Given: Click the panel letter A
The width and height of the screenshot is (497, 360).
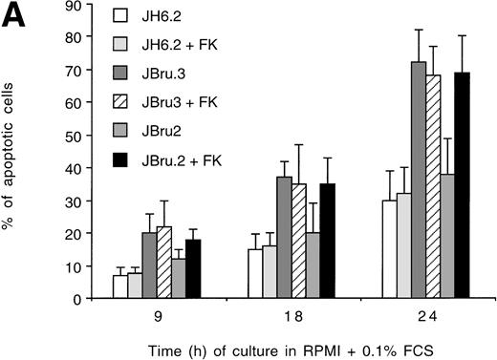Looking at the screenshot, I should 16,17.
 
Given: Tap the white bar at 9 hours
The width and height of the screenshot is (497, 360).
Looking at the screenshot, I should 119,286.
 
